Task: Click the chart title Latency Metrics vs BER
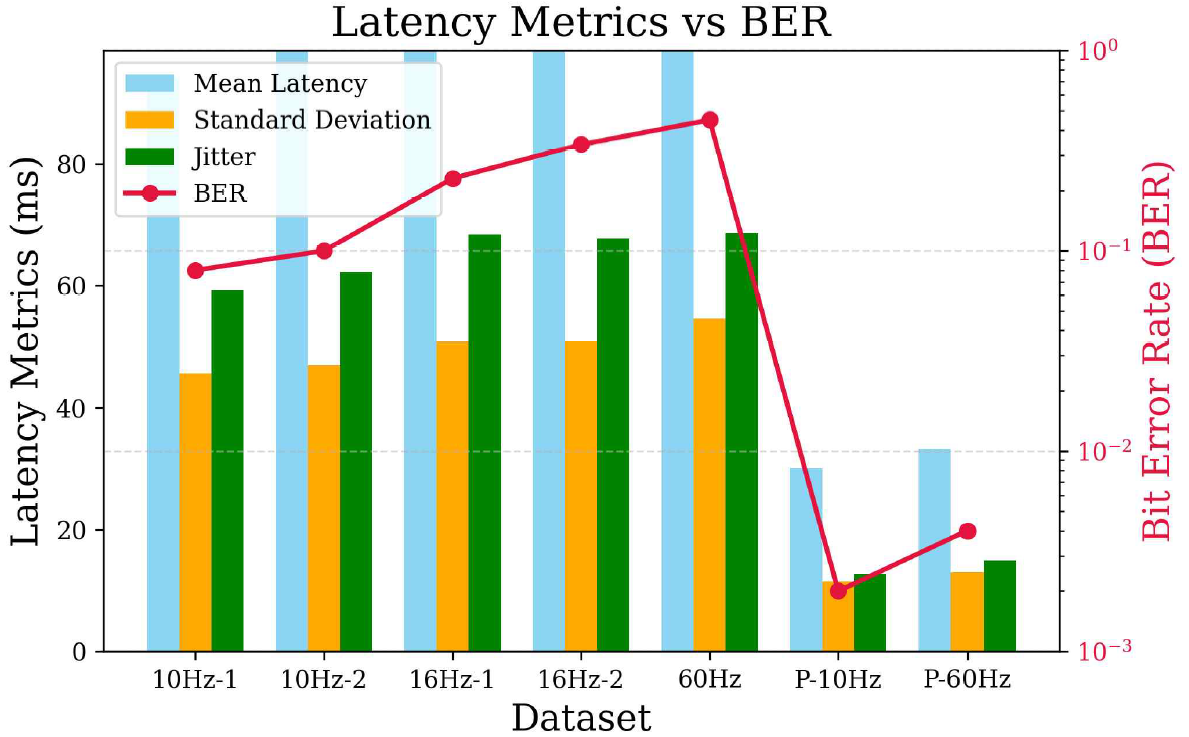point(581,22)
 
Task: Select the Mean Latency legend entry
point(280,83)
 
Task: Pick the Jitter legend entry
point(224,157)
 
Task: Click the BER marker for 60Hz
point(709,120)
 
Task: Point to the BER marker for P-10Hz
point(838,591)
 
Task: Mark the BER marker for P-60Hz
point(967,531)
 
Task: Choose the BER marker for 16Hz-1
point(452,179)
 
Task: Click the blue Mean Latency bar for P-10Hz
point(806,560)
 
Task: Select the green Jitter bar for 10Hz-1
point(227,470)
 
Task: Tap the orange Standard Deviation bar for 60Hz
point(709,485)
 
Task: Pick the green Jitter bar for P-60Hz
point(1000,606)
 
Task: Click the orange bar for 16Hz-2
point(581,496)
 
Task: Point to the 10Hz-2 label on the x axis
point(323,681)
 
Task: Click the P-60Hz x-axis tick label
point(967,681)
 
